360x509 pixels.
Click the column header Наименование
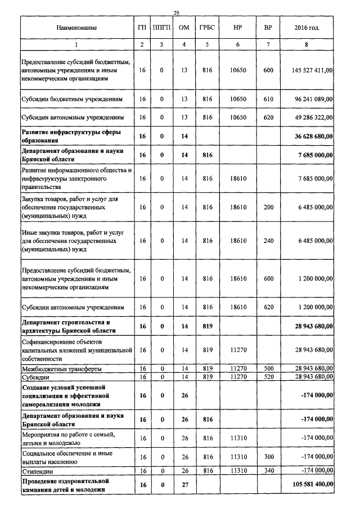[76, 28]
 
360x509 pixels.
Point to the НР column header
[238, 28]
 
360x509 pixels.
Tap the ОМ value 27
[184, 483]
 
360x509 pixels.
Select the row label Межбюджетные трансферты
[61, 368]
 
